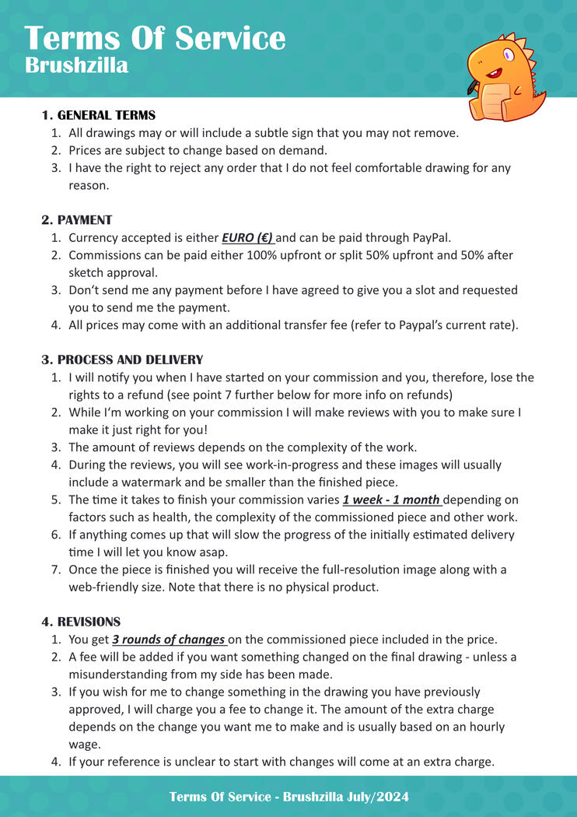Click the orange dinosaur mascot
click(x=505, y=78)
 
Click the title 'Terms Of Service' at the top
click(x=155, y=38)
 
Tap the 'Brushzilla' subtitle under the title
click(x=76, y=65)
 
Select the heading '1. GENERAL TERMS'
click(x=98, y=115)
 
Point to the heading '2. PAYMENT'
click(x=76, y=220)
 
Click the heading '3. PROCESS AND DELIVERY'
click(x=122, y=359)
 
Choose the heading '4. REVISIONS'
click(x=81, y=622)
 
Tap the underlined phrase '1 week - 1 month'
click(x=391, y=500)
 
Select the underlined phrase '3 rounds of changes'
click(x=168, y=640)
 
